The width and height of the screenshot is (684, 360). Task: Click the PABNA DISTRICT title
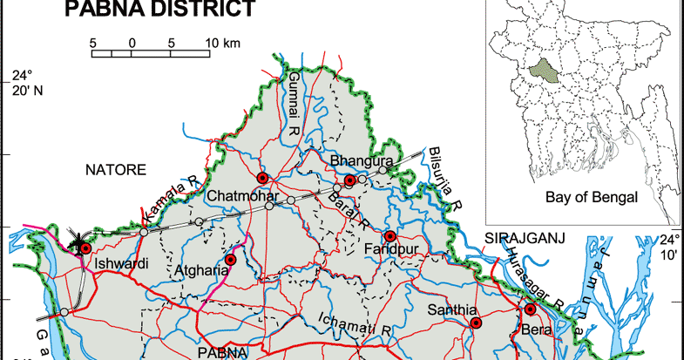160,10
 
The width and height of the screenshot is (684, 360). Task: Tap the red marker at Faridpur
390,236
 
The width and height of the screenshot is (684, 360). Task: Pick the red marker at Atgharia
231,260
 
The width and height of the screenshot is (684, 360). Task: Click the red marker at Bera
530,309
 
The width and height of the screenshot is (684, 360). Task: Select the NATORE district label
114,169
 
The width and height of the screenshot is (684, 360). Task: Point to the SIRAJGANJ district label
524,238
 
